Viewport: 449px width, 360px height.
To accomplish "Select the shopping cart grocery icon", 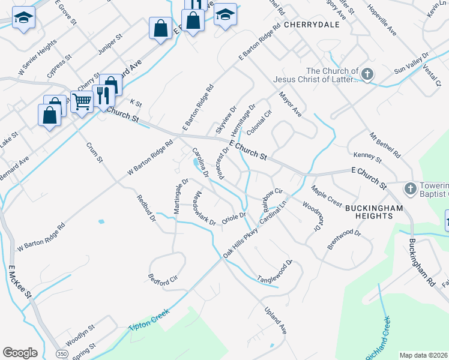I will pos(82,101).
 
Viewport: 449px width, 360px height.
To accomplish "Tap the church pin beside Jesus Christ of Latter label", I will pos(367,75).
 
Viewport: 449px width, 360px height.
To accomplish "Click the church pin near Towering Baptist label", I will pos(411,189).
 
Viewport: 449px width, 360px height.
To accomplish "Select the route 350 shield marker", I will pos(62,354).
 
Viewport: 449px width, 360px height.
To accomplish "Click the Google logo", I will pos(20,352).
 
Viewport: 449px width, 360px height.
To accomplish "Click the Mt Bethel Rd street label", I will pos(384,145).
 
